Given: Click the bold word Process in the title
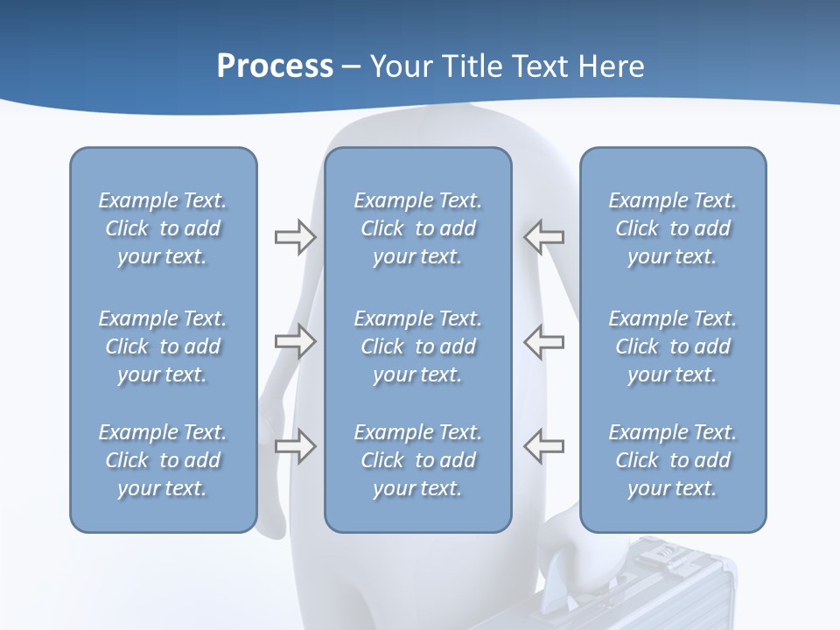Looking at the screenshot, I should pyautogui.click(x=275, y=66).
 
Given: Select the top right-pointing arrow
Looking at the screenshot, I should pyautogui.click(x=295, y=237).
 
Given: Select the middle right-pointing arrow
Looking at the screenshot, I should pyautogui.click(x=295, y=341).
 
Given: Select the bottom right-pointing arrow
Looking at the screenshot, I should pyautogui.click(x=295, y=446).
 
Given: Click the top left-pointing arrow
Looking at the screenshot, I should pyautogui.click(x=543, y=236).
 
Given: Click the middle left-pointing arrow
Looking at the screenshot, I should pyautogui.click(x=543, y=341).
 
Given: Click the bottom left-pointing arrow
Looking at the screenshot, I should pyautogui.click(x=543, y=445).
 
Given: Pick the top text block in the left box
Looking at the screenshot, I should pyautogui.click(x=163, y=228).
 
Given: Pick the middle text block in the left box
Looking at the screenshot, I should pyautogui.click(x=163, y=346).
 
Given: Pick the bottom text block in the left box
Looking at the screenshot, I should pyautogui.click(x=163, y=460).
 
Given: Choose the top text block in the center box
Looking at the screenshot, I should pyautogui.click(x=418, y=228).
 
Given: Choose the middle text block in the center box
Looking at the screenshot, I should pyautogui.click(x=418, y=346).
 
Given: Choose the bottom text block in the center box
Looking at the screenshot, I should pyautogui.click(x=418, y=460).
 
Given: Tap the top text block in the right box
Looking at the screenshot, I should pyautogui.click(x=673, y=228).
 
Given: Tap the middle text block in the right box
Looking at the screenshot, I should pyautogui.click(x=673, y=346).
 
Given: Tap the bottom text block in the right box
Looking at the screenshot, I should pyautogui.click(x=673, y=460).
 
